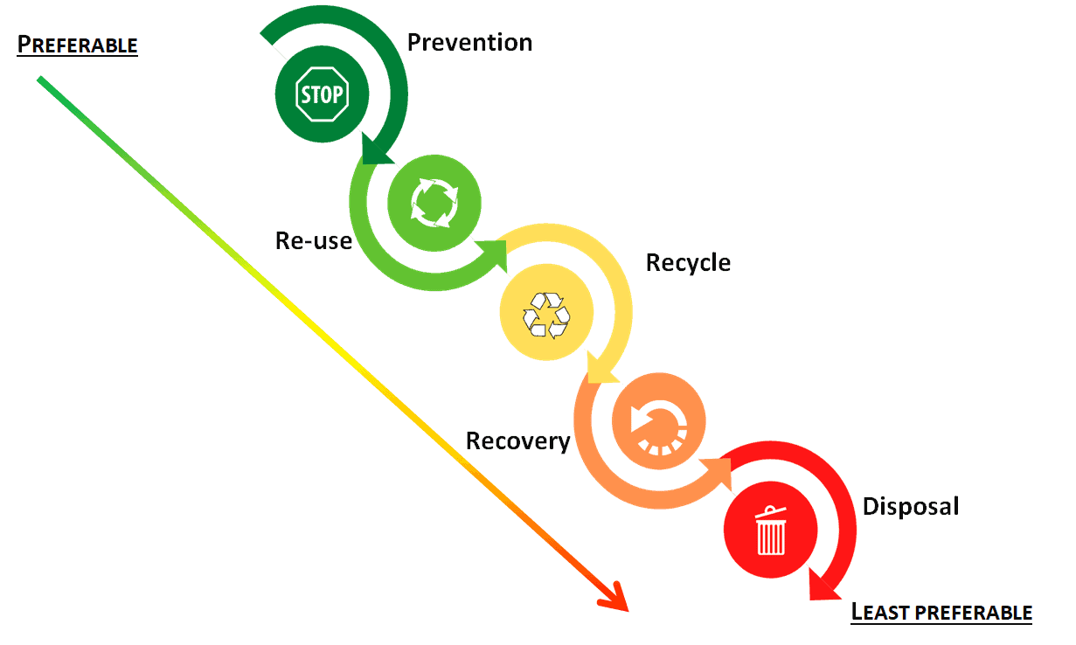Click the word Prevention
coord(469,42)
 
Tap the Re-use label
coord(313,240)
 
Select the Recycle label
coord(688,262)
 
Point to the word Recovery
coord(517,440)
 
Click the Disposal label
coord(911,506)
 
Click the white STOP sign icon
coord(323,94)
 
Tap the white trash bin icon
coord(771,531)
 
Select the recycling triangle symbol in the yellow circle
coord(546,315)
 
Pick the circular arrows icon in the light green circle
coord(434,204)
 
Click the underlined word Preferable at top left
coord(78,45)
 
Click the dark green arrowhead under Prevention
coord(378,152)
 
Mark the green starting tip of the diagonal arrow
coord(40,80)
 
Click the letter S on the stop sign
coord(306,94)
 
